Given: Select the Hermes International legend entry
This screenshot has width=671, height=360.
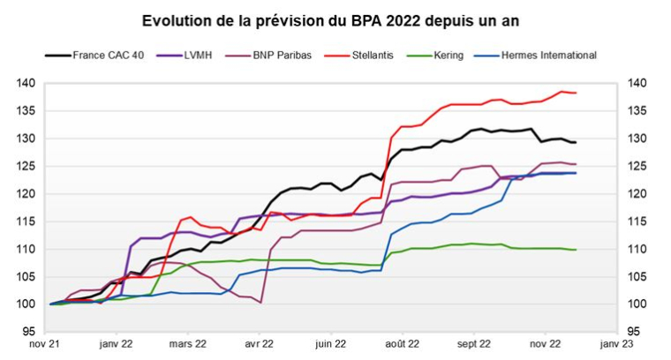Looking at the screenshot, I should tap(548, 55).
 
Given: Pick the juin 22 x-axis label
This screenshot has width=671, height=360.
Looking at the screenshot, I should tap(328, 345).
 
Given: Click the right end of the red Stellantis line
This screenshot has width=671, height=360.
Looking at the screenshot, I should tap(577, 93).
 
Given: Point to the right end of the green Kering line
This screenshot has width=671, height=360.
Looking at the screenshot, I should tap(577, 250).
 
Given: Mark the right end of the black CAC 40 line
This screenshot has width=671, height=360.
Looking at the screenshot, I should tap(577, 142).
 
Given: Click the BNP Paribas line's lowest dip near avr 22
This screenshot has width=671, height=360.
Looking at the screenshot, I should tap(261, 303).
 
